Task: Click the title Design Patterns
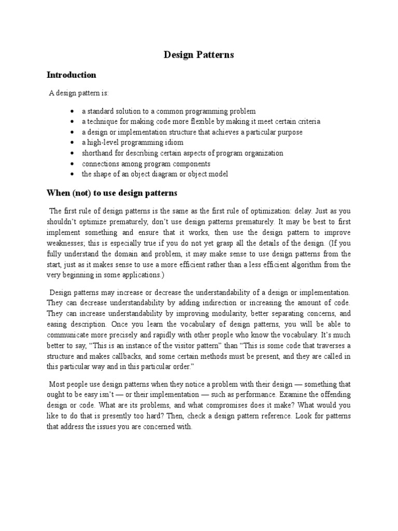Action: click(199, 54)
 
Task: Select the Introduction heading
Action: click(72, 75)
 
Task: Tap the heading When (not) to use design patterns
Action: click(112, 193)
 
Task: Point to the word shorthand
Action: click(98, 153)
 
